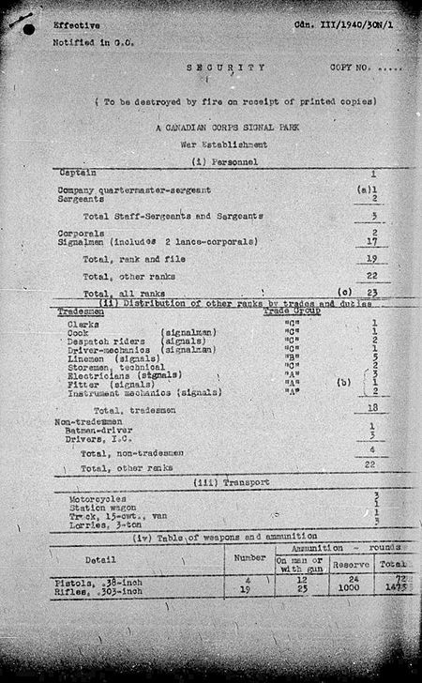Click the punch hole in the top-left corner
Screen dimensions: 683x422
(30, 29)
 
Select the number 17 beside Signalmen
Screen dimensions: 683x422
(373, 241)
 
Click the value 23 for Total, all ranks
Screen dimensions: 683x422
(373, 293)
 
